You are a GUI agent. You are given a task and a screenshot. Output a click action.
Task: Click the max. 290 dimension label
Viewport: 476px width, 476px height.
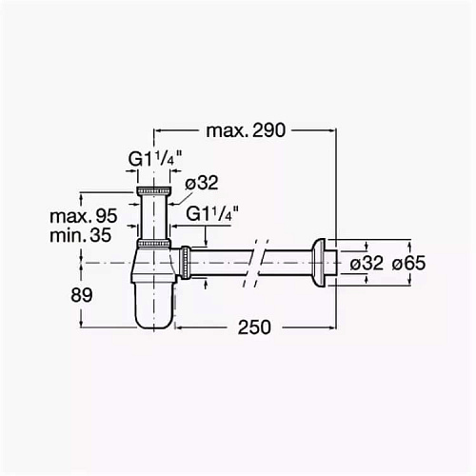(246, 130)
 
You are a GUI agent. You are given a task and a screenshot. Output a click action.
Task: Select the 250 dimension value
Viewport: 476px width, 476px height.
(254, 327)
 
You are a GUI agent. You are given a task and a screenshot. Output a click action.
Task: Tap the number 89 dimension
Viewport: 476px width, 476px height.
(82, 295)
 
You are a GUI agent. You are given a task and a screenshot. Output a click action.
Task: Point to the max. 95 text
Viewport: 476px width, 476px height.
(84, 216)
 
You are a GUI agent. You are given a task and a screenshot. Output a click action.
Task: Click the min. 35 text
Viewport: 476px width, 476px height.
(81, 235)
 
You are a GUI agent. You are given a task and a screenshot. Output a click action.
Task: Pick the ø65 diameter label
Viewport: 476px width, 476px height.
(408, 263)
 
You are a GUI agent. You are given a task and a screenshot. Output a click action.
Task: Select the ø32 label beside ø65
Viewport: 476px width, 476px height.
(367, 263)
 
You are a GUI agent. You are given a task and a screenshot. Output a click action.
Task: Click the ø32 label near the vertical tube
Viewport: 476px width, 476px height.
(202, 183)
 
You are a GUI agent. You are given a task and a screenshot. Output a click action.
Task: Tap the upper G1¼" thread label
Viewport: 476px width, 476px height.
(155, 159)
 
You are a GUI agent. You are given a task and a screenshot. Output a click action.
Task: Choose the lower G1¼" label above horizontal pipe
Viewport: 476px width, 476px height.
(212, 213)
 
